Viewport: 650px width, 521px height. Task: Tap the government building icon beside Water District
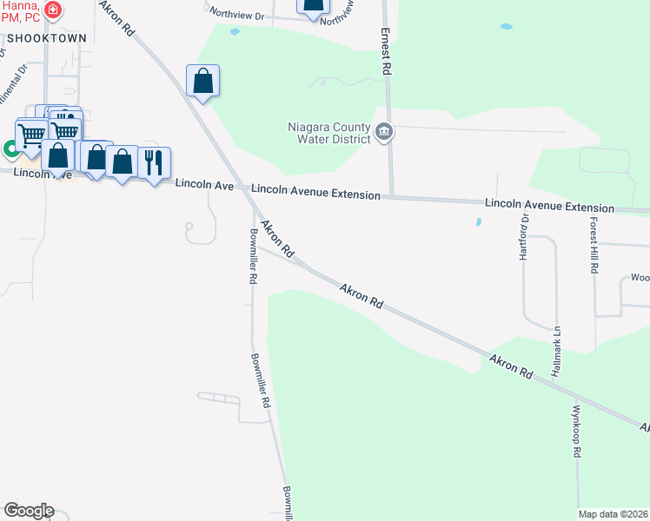(384, 133)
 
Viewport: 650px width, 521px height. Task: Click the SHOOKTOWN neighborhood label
(46, 39)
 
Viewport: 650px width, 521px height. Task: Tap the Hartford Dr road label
(524, 237)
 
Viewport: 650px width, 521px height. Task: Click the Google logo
(29, 511)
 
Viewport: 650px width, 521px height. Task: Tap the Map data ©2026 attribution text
(613, 514)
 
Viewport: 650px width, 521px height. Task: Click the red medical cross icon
(54, 10)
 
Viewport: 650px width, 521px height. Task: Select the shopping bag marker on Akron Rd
(202, 82)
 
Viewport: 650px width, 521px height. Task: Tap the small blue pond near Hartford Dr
(478, 222)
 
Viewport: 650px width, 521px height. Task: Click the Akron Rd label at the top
(117, 17)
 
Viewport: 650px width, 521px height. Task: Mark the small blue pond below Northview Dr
(234, 32)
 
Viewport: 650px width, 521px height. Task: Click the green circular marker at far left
(10, 149)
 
